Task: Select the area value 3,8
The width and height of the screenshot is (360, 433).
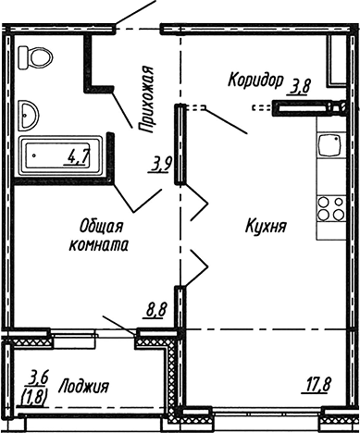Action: [301, 88]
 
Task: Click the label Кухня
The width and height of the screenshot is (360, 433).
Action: [265, 226]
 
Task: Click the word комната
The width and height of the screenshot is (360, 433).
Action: [96, 245]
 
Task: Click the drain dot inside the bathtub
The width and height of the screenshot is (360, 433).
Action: [34, 155]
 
